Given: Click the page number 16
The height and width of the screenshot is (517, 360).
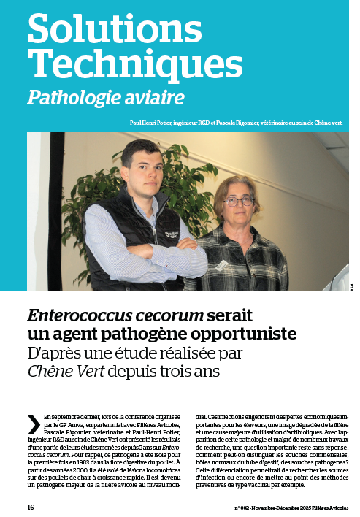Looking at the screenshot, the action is [30, 506].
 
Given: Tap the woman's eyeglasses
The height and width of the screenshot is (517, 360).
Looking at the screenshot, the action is [239, 200].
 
